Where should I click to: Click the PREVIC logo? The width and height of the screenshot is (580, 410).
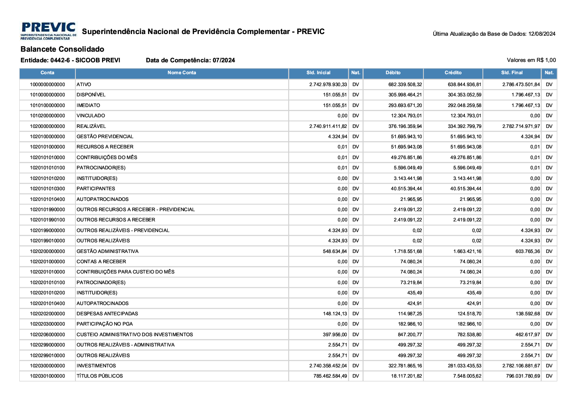(x=48, y=31)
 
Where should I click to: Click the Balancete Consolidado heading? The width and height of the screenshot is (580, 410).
(x=62, y=49)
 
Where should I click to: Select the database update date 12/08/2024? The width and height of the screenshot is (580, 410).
(x=542, y=34)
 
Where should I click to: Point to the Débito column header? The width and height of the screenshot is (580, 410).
(x=393, y=73)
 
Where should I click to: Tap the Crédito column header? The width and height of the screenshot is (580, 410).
(x=453, y=73)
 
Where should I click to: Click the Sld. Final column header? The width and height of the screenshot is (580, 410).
(x=512, y=73)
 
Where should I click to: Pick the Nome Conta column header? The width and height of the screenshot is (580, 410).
(x=182, y=73)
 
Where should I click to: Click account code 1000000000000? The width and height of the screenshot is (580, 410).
(x=48, y=84)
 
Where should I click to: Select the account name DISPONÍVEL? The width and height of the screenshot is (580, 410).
(x=91, y=95)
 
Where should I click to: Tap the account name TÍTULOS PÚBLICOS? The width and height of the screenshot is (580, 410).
(x=100, y=376)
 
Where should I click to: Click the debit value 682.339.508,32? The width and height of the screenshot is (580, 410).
(x=405, y=84)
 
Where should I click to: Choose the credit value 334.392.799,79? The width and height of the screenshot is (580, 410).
(x=464, y=126)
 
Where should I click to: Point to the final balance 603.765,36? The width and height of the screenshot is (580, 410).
(x=528, y=251)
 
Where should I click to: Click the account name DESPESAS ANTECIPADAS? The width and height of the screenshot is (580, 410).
(x=107, y=314)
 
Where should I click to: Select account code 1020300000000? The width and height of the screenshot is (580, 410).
(x=48, y=366)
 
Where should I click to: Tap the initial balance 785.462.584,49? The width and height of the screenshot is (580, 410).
(x=330, y=376)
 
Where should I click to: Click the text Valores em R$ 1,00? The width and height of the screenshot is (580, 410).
(x=531, y=60)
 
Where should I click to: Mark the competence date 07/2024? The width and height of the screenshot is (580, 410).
(x=224, y=61)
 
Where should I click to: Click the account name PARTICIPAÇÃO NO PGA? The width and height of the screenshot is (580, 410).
(x=105, y=324)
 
